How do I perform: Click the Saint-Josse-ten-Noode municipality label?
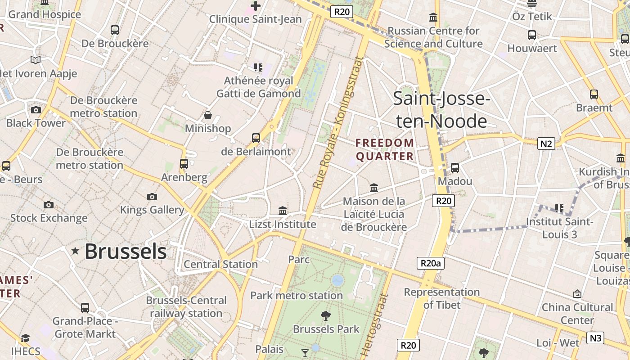[441, 110]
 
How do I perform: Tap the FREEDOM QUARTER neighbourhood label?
[385, 150]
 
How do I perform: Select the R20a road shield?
[430, 263]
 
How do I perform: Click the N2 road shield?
[546, 144]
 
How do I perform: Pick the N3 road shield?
[595, 337]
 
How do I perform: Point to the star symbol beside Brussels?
[76, 251]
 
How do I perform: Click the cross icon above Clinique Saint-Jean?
[256, 6]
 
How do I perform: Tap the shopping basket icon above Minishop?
[208, 115]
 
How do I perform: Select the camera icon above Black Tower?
[36, 110]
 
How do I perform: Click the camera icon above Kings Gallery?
[152, 197]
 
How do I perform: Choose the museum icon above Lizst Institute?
[283, 211]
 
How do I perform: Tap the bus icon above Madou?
[455, 168]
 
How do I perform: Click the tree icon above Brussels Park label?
[326, 316]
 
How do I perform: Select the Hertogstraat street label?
[374, 322]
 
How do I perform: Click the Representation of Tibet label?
[442, 298]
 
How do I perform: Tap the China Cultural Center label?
[577, 314]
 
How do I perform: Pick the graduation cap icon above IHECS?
[25, 338]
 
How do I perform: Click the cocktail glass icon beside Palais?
[305, 353]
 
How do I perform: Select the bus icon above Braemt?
[594, 94]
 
